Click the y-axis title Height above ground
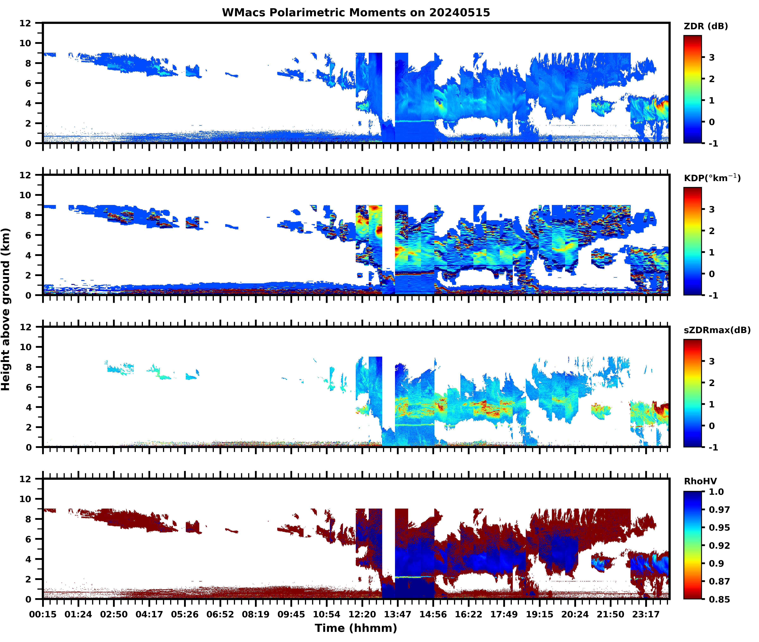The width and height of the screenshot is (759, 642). click(x=5, y=309)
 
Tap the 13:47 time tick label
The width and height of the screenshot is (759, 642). click(x=397, y=614)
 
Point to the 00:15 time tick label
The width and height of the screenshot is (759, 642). click(x=43, y=614)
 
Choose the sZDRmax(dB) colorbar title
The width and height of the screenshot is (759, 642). click(x=717, y=330)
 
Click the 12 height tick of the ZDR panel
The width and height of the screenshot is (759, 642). click(x=25, y=23)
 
